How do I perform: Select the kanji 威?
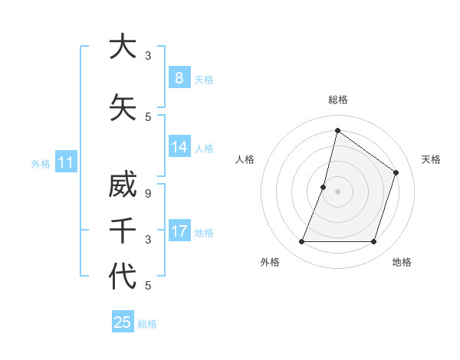123,188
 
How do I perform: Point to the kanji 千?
123,231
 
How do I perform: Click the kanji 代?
123,276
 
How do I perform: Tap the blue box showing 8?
179,77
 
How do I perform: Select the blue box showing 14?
179,146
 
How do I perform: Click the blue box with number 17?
179,231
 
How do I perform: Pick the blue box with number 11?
65,162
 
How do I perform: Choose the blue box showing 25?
123,322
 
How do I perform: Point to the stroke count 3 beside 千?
148,240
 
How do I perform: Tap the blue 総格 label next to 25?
147,324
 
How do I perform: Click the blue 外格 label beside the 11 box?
41,163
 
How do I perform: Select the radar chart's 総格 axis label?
337,100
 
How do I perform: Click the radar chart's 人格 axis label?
245,159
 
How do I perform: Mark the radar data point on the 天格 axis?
396,172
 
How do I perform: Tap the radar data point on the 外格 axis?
301,242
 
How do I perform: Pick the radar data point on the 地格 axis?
373,242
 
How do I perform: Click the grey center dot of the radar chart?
337,191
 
